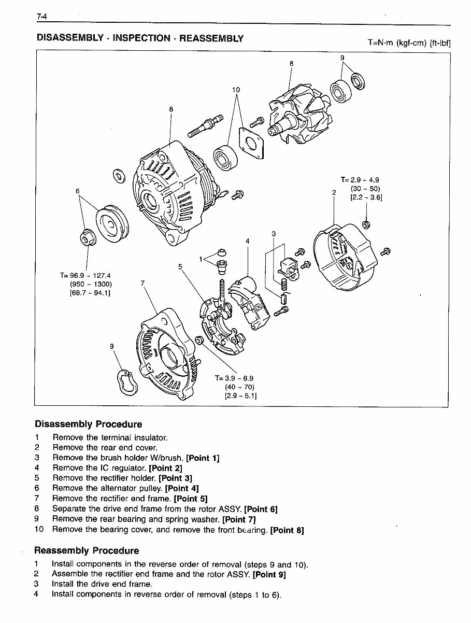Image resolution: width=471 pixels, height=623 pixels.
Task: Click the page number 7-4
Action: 42,17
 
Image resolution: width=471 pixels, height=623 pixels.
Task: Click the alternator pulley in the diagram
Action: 109,221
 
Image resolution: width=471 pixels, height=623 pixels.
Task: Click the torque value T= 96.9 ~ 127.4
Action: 85,275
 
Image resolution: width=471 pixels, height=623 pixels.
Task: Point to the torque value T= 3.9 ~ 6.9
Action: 234,378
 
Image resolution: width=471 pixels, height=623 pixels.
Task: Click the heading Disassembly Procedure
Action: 88,424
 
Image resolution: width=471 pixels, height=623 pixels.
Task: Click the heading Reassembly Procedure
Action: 87,550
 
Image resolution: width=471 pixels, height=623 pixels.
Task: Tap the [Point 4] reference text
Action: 182,488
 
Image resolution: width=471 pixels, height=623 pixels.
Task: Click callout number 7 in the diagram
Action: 142,284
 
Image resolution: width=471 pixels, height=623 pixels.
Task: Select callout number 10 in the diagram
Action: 236,90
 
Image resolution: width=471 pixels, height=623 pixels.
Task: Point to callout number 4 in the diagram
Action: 248,241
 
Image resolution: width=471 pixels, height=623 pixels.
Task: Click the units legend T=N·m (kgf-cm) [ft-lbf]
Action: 409,43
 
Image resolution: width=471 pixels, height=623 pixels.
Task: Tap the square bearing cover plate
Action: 251,141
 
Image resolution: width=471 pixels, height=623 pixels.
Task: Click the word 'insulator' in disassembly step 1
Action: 150,437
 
